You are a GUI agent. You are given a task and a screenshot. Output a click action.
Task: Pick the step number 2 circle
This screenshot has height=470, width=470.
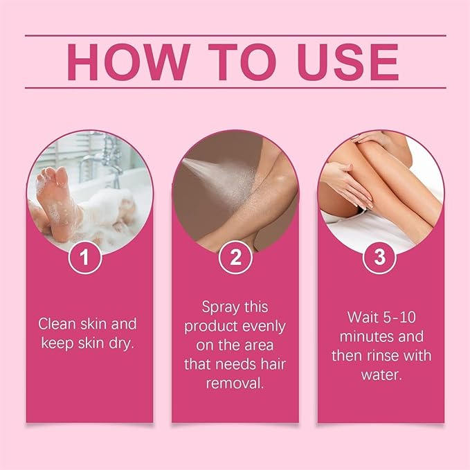(x=235, y=258)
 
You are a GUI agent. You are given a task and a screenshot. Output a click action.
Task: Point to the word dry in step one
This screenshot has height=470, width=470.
(x=122, y=341)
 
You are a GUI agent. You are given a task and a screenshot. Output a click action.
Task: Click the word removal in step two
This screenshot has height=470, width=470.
(x=235, y=381)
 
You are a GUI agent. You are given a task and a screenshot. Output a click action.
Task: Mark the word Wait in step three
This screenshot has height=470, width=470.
(x=363, y=318)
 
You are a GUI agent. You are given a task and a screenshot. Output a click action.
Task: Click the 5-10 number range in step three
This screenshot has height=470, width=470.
(x=399, y=318)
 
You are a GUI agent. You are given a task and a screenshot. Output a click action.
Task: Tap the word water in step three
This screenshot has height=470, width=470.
(x=379, y=374)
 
